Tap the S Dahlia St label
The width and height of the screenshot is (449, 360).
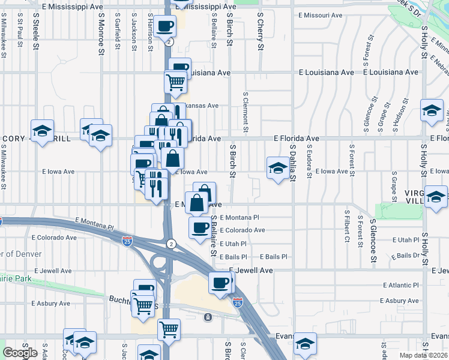[292, 160]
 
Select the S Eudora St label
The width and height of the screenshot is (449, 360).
[309, 161]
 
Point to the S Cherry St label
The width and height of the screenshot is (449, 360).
[261, 28]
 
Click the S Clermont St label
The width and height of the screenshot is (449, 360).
[246, 112]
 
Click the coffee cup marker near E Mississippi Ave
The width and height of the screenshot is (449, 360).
[164, 26]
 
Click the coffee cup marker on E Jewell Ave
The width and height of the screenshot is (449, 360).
[220, 281]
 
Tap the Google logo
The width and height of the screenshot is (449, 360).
[20, 353]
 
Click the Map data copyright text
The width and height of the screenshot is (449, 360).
[424, 355]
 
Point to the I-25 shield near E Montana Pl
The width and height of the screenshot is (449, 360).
[127, 241]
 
